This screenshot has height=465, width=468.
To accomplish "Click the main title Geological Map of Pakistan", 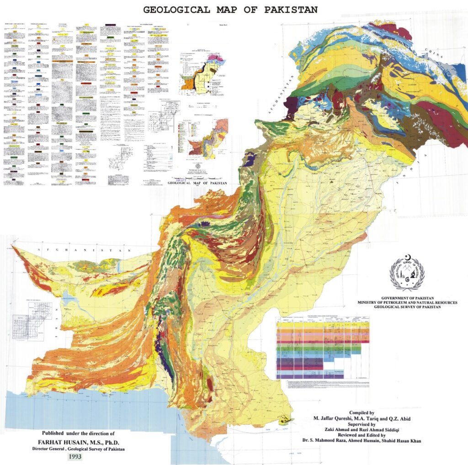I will pos(230,9).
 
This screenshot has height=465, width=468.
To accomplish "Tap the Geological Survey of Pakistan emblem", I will pos(407,274).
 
